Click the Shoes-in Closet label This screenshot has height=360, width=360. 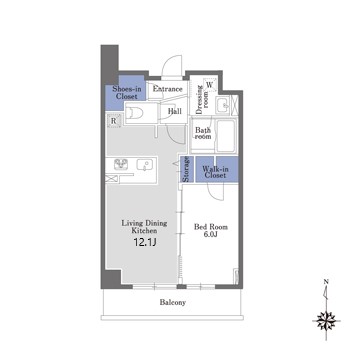click(x=125, y=93)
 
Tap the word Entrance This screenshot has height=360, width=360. click(x=167, y=89)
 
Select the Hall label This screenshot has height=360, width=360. click(x=175, y=111)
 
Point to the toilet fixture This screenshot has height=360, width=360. click(x=136, y=113)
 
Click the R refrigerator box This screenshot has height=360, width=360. click(x=114, y=121)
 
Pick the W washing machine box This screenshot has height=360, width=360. click(x=210, y=85)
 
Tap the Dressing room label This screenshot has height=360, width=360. click(x=202, y=100)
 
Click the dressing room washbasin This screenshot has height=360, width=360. click(x=223, y=105)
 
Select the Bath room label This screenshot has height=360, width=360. click(x=203, y=133)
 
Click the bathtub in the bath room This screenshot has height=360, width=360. click(x=226, y=134)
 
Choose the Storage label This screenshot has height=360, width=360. click(x=187, y=170)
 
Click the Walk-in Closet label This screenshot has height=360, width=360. click(x=215, y=172)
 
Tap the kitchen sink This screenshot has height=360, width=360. click(x=144, y=165)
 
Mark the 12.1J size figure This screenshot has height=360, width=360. click(x=145, y=242)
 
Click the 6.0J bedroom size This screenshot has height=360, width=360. click(x=211, y=234)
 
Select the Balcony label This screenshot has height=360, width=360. click(x=172, y=303)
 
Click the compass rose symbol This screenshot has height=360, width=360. click(x=326, y=322)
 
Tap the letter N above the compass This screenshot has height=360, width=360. click(x=326, y=282)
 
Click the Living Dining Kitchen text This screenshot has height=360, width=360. click(x=144, y=227)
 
